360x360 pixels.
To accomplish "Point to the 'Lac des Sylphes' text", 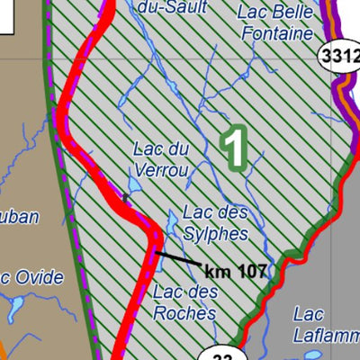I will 214,222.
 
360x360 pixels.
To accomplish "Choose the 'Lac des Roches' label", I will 184,301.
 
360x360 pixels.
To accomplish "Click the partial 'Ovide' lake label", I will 31,276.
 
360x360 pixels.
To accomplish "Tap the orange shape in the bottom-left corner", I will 4,349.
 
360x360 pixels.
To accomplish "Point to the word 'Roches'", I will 184,312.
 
